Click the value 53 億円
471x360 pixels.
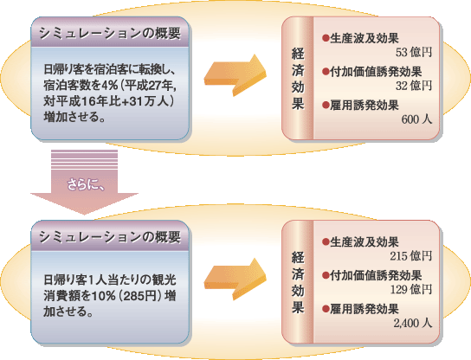[413, 53]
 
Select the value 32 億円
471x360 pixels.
[413, 86]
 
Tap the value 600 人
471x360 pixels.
[416, 119]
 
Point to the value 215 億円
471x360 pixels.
[411, 256]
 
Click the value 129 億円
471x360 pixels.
[411, 289]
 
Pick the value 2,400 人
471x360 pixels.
[413, 323]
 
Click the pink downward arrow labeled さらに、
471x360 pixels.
[84, 183]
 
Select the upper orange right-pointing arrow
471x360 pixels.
[235, 75]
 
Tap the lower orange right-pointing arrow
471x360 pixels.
[235, 280]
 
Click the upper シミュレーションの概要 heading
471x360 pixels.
[110, 33]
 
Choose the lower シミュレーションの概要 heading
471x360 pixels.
[110, 237]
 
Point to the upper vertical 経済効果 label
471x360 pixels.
[298, 79]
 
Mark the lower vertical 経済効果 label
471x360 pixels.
[298, 282]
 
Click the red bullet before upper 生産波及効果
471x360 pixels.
[326, 38]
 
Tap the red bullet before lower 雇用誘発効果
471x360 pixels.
[326, 309]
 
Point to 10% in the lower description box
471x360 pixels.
[104, 296]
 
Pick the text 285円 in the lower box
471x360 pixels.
[140, 296]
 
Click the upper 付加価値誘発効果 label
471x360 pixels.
[376, 72]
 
